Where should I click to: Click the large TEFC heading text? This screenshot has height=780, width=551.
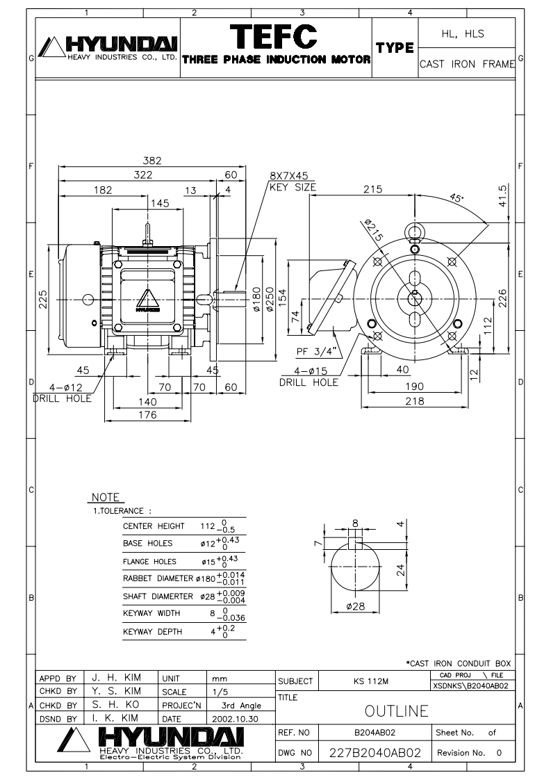274,36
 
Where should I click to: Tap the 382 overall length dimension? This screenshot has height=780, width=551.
152,160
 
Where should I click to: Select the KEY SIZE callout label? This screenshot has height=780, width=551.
293,188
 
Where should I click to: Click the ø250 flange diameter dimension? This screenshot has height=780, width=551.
270,300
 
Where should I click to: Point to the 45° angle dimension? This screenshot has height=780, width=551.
456,197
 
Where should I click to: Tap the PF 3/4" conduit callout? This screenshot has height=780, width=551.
316,352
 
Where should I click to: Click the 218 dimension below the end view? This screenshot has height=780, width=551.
415,401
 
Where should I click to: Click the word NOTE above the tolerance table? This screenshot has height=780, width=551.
106,498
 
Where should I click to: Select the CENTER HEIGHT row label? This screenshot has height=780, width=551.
154,526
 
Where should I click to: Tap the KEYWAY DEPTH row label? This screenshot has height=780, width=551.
153,632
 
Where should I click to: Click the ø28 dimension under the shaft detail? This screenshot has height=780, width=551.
355,606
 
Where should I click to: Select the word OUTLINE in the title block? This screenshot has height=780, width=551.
396,711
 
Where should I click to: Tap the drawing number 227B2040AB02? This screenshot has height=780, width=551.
375,753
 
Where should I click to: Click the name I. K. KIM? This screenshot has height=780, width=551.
115,718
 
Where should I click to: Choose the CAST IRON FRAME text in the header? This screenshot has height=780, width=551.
467,64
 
